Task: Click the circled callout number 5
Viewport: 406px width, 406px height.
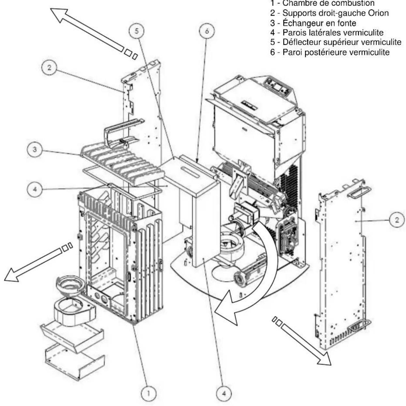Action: pyautogui.click(x=137, y=31)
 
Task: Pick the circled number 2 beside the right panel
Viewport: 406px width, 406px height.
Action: pyautogui.click(x=397, y=220)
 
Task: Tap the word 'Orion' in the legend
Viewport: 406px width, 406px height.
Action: pyautogui.click(x=379, y=13)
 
